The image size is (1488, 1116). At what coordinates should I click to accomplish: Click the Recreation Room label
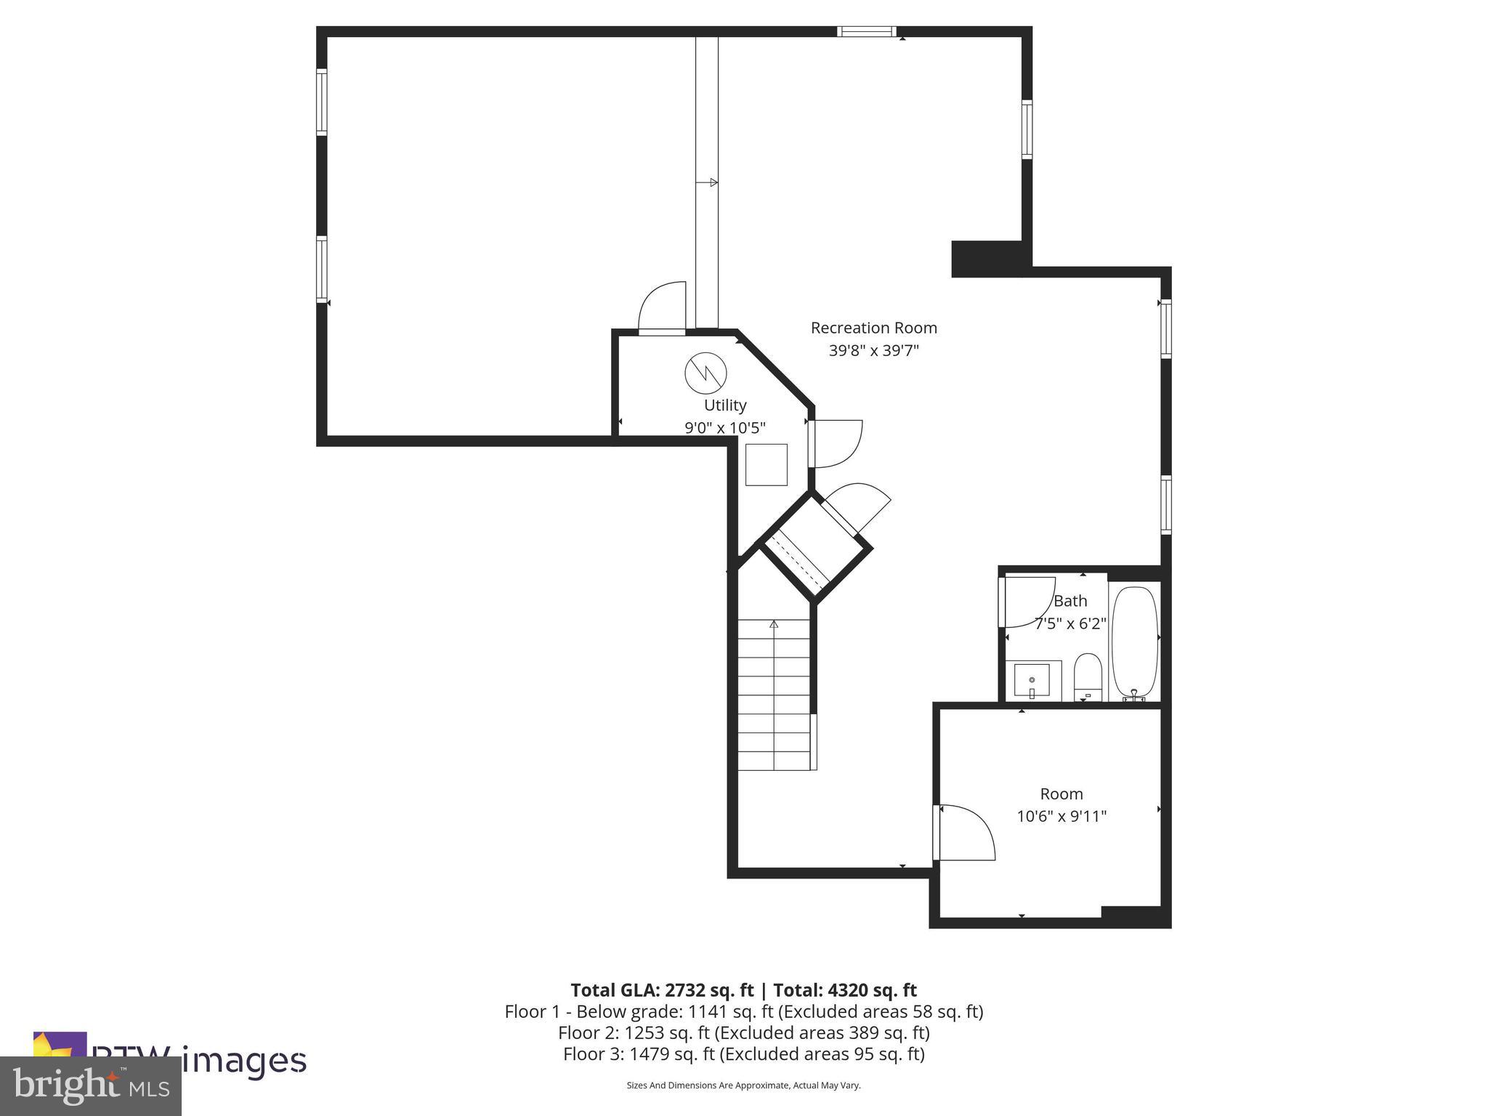(x=873, y=328)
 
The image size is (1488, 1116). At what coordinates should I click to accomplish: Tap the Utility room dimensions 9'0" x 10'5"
(x=724, y=428)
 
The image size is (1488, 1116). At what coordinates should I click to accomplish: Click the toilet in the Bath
(x=1088, y=676)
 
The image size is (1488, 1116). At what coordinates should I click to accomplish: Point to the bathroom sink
(x=1032, y=681)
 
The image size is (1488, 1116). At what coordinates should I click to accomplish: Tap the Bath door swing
(x=1026, y=602)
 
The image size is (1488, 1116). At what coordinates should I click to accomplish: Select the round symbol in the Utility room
(x=705, y=373)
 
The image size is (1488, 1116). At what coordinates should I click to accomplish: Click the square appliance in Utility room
(x=767, y=464)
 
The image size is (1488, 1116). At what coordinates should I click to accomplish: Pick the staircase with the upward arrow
(x=774, y=695)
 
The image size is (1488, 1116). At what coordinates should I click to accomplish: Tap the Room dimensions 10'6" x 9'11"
(x=1061, y=816)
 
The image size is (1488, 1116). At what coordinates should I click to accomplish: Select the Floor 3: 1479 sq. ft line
(x=743, y=1054)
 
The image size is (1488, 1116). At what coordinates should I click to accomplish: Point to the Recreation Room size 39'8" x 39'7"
(x=873, y=350)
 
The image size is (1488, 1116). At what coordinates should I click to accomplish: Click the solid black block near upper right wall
(x=987, y=258)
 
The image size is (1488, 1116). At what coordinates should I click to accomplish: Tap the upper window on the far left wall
(x=321, y=102)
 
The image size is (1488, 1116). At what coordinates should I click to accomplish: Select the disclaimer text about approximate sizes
(x=743, y=1085)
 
